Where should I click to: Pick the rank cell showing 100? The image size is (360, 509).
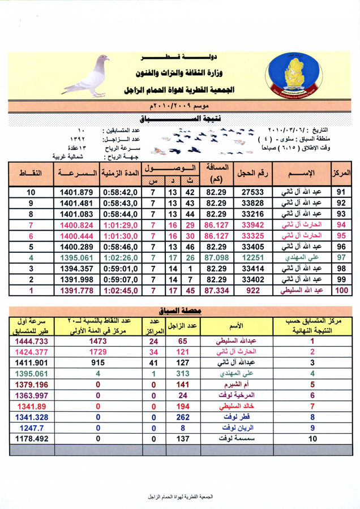[x=341, y=291]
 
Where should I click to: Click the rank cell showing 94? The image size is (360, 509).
[x=341, y=225]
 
